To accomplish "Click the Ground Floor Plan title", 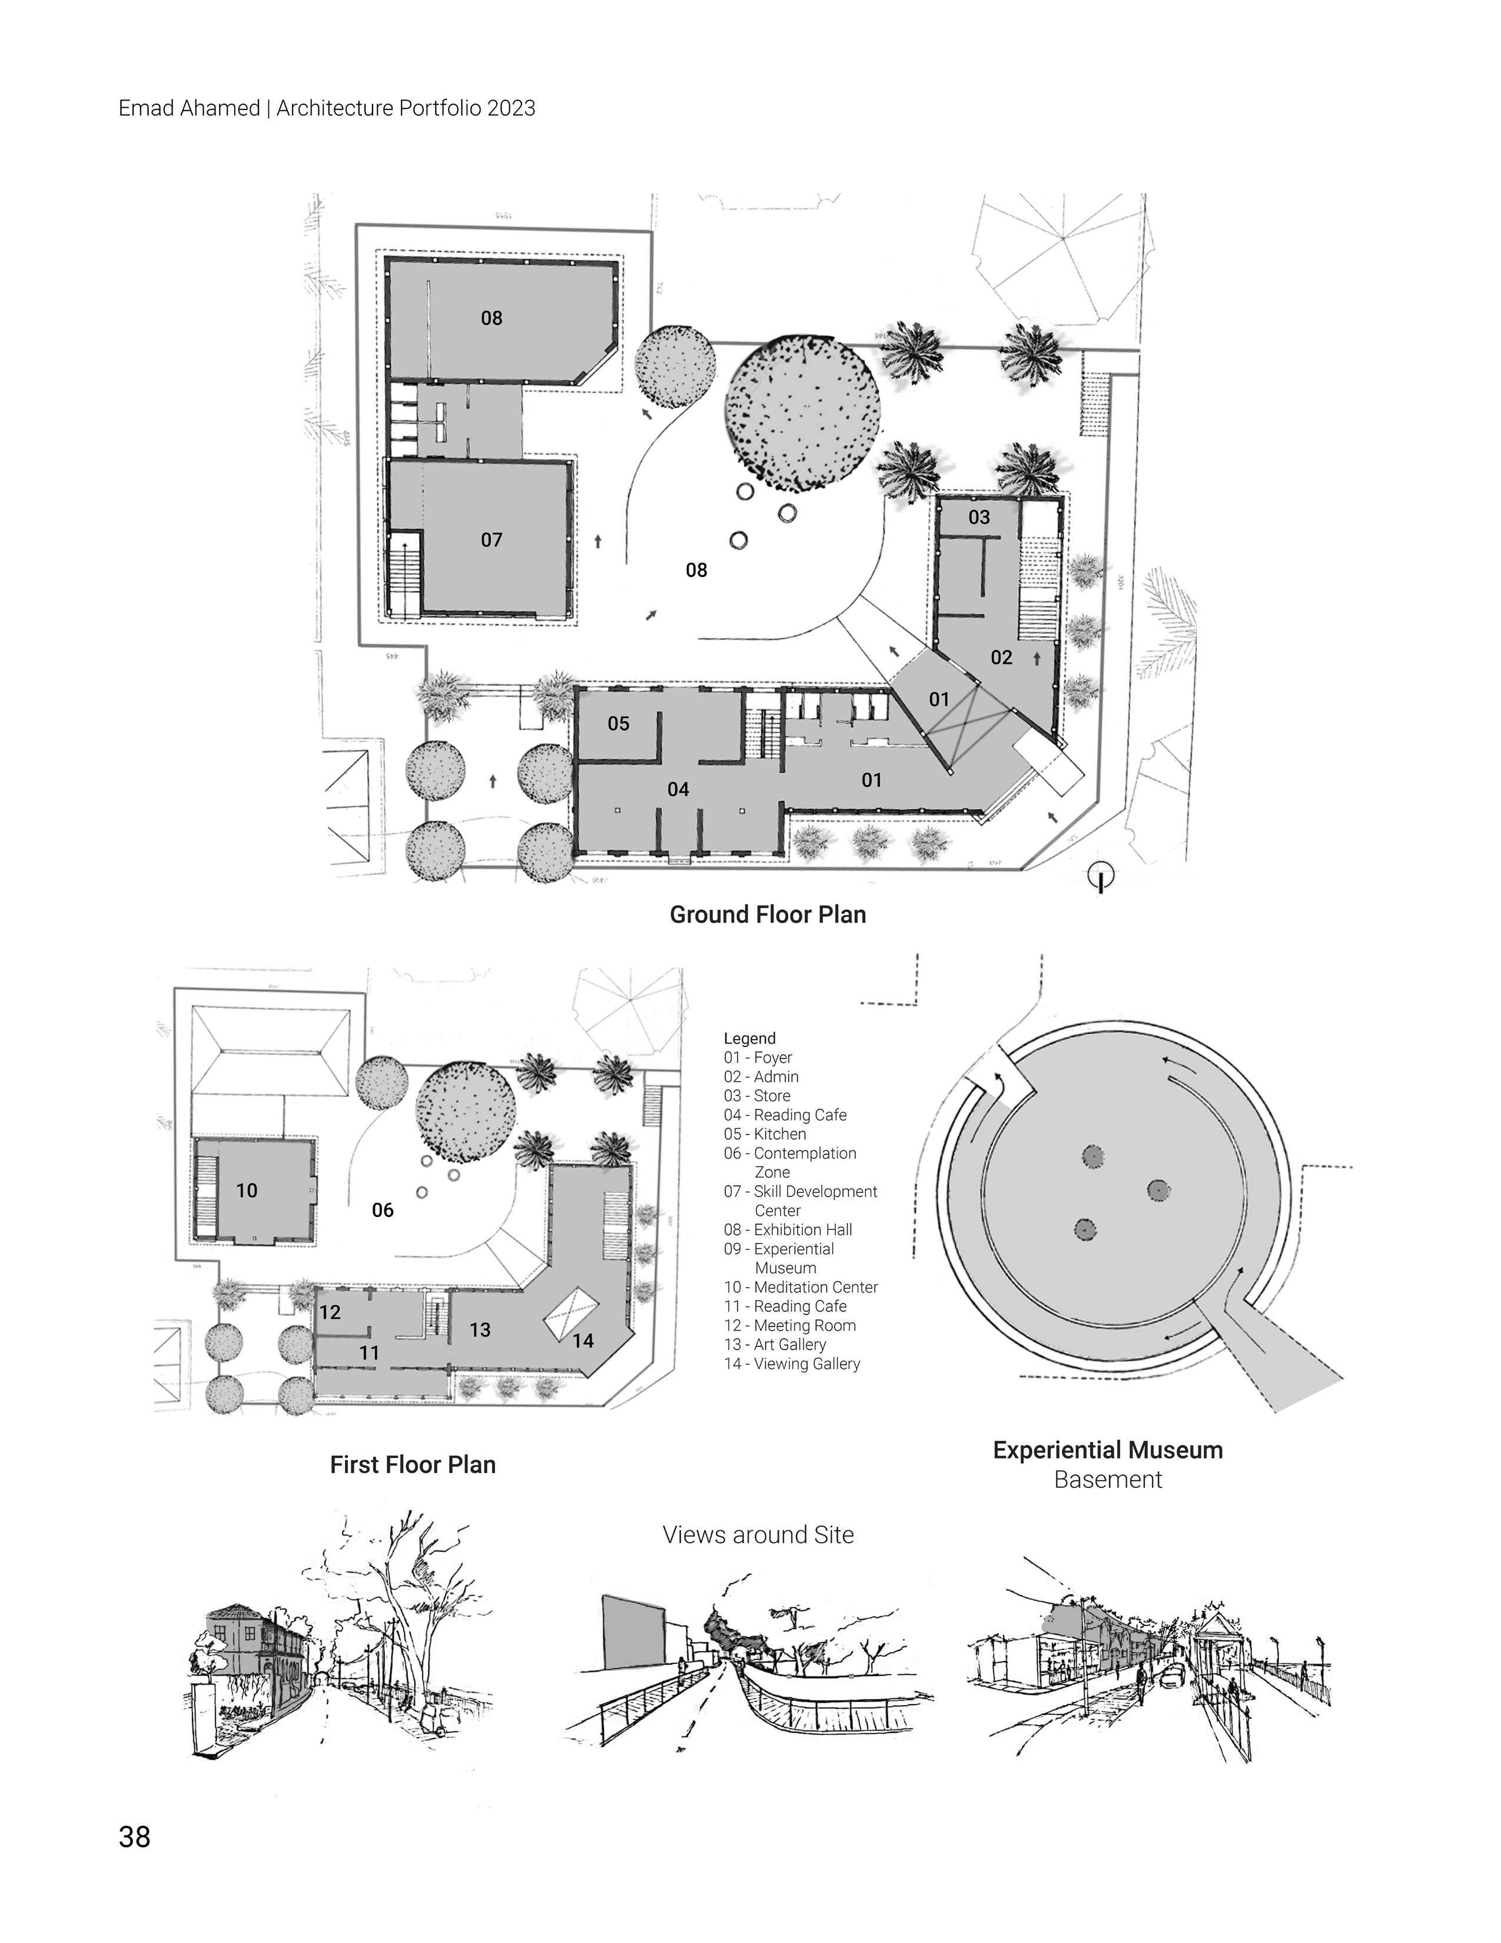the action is (768, 914).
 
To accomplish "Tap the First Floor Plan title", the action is (413, 1464).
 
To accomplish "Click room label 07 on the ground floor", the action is (492, 540).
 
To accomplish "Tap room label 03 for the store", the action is (979, 518).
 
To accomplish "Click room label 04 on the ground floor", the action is (679, 789).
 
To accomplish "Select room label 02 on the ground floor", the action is (1001, 658).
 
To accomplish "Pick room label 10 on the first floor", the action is (246, 1191).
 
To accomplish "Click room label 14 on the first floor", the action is (583, 1341).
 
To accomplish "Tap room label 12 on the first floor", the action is (330, 1312).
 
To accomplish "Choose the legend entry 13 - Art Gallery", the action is (775, 1344).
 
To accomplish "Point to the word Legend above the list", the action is (749, 1038).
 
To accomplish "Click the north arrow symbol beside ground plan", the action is (1102, 877).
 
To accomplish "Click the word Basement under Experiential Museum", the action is (1108, 1480).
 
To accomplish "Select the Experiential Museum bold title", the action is (1108, 1450).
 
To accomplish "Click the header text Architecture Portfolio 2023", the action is (406, 108).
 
